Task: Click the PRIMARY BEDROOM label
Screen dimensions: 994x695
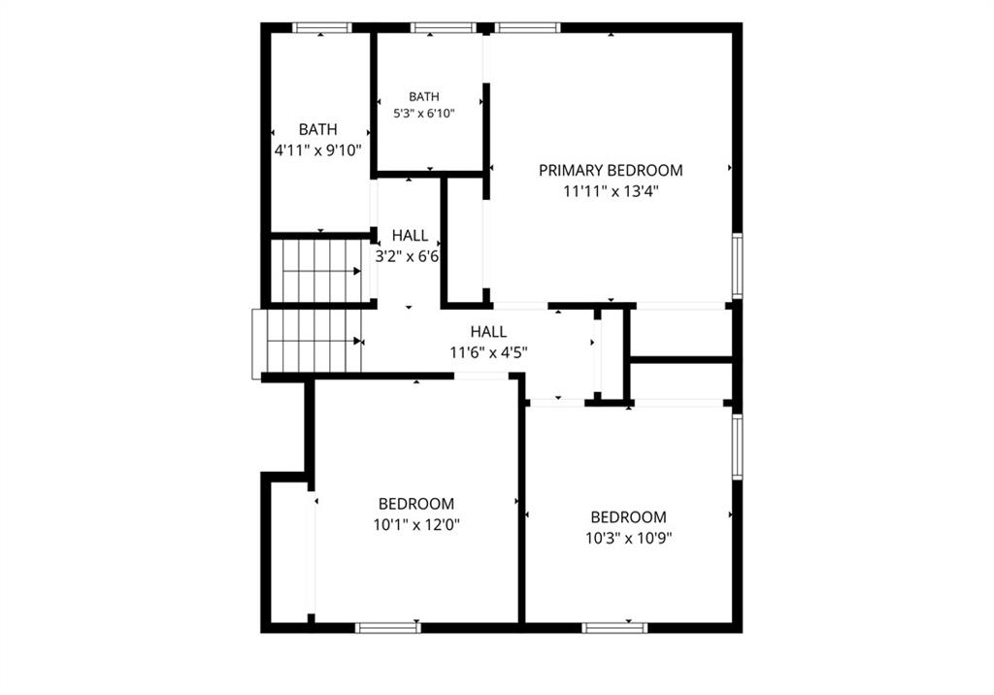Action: point(611,170)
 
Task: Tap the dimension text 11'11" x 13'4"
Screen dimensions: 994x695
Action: point(612,191)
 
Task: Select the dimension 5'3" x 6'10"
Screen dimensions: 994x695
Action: point(424,114)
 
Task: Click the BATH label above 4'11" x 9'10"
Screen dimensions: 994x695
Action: point(317,129)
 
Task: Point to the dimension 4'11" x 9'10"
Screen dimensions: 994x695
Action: point(317,150)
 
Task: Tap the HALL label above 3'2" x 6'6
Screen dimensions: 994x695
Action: point(410,235)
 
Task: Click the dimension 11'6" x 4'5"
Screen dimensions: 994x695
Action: point(489,352)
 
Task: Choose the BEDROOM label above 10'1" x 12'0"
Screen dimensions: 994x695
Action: point(415,504)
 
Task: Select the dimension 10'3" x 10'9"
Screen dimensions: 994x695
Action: point(628,539)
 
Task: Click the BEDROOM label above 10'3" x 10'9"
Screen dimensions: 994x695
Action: point(628,516)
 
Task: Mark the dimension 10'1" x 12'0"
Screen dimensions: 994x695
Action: point(415,525)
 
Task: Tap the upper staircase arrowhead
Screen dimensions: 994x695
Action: point(357,272)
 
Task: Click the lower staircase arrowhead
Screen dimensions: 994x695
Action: point(357,341)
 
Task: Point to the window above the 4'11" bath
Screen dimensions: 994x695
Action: point(321,28)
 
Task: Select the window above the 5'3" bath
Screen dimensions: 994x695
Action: point(443,28)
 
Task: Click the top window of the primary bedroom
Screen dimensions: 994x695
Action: point(527,28)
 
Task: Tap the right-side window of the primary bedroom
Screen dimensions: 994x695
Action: point(738,265)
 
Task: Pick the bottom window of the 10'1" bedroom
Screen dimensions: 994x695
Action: point(388,628)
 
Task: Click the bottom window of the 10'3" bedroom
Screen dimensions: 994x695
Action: point(614,628)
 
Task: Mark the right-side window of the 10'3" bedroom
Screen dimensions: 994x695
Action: point(738,447)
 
